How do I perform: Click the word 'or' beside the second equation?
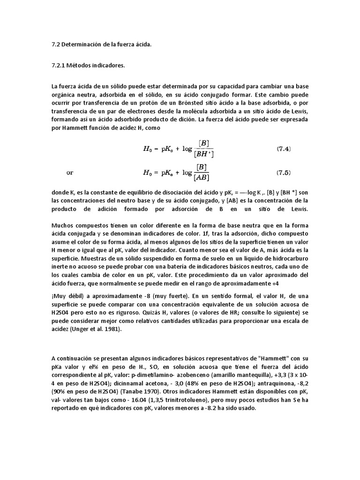click(69, 172)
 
